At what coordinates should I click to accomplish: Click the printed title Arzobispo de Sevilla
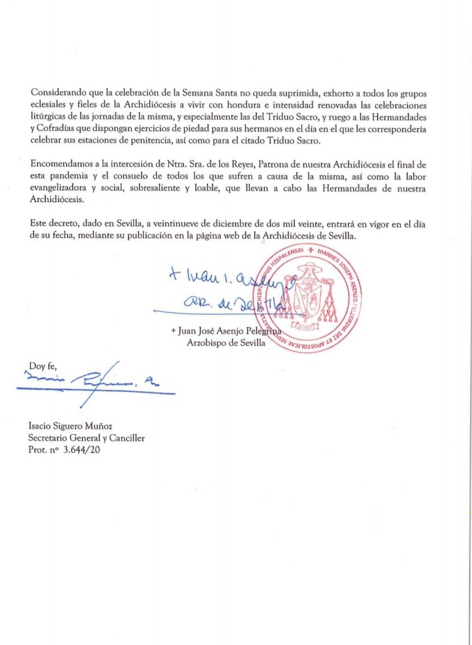click(226, 343)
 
